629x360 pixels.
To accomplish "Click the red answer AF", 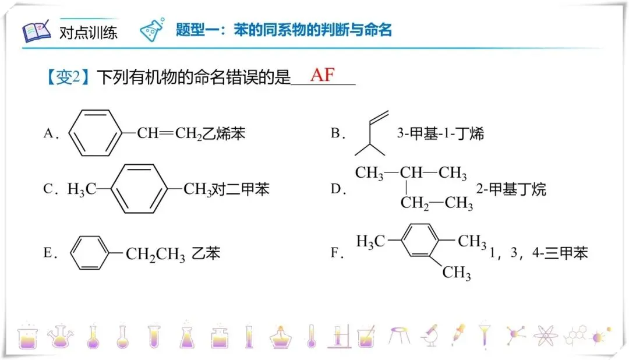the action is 323,75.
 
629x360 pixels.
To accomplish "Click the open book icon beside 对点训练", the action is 37,31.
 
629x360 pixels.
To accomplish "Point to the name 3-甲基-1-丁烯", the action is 440,133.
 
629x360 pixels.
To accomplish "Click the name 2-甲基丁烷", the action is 511,189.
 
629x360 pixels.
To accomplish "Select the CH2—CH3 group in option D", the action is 436,203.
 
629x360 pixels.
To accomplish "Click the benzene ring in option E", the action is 90,253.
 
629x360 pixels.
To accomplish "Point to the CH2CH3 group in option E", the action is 155,255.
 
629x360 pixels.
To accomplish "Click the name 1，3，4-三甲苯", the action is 539,253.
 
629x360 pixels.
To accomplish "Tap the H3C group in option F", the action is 370,241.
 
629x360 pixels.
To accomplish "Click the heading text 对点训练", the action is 88,32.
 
